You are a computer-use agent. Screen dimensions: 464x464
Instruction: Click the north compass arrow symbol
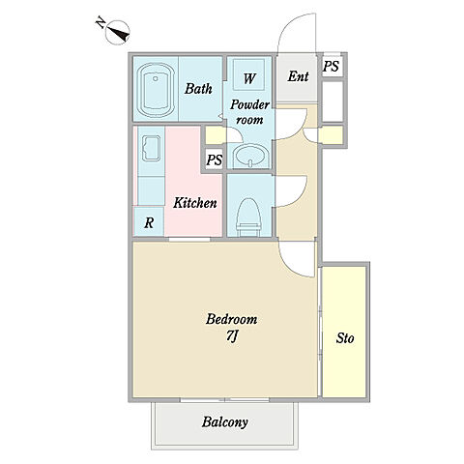(x=117, y=32)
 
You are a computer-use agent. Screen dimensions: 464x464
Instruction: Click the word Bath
(x=198, y=89)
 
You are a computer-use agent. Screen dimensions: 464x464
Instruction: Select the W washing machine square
(x=249, y=74)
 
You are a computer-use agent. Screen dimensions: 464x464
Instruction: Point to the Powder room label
(x=249, y=112)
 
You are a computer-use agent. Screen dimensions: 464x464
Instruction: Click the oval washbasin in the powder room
(x=249, y=155)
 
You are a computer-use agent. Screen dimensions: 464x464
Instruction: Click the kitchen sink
(x=151, y=148)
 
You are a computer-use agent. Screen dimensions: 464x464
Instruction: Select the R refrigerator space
(x=149, y=222)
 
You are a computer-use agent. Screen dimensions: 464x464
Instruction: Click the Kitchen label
(x=195, y=203)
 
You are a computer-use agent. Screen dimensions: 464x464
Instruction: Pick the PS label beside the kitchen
(x=215, y=159)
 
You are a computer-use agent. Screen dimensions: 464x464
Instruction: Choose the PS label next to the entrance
(x=331, y=67)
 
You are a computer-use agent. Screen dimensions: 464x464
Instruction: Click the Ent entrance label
(x=298, y=76)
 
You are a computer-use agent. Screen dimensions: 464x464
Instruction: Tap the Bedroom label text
(x=231, y=319)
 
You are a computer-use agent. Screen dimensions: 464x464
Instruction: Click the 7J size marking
(x=232, y=336)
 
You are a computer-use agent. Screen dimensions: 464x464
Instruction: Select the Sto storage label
(x=345, y=338)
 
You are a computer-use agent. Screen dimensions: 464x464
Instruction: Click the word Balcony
(x=225, y=422)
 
